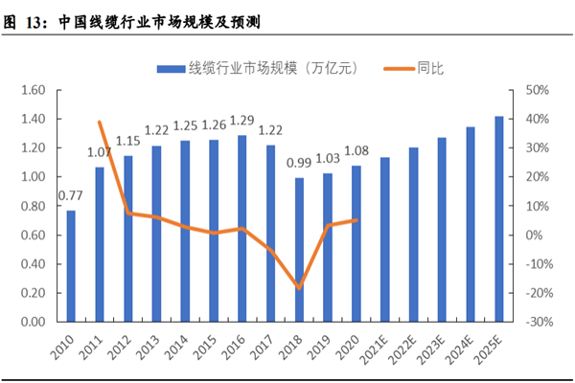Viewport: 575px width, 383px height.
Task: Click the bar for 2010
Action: [70, 265]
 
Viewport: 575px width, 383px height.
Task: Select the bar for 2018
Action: [299, 250]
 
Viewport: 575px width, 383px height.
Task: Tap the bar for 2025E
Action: [499, 219]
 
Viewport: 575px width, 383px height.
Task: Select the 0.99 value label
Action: [299, 165]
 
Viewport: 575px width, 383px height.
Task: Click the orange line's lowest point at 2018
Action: [299, 287]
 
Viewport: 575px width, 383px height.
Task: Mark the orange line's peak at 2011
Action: [100, 123]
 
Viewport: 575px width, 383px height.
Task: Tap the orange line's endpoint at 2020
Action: [356, 220]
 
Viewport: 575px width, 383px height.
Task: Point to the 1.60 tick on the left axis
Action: [34, 90]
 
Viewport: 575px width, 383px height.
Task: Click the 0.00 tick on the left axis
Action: [34, 322]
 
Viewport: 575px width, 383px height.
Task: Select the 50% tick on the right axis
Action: [534, 90]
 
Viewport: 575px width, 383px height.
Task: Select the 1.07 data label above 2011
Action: [100, 151]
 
